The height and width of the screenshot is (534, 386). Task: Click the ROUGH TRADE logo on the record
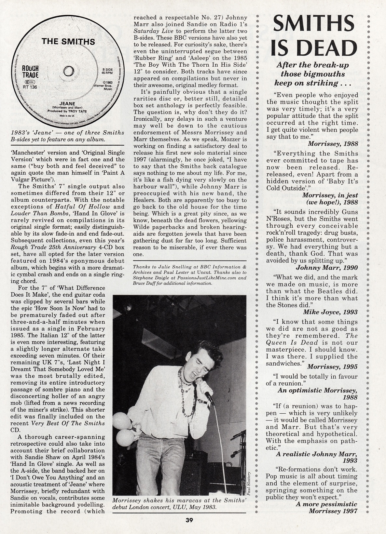tap(30, 72)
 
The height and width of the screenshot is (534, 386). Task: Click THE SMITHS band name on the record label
tap(68, 41)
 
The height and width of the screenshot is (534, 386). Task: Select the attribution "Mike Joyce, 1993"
tap(330, 312)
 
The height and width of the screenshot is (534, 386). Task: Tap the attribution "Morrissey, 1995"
tap(332, 367)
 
